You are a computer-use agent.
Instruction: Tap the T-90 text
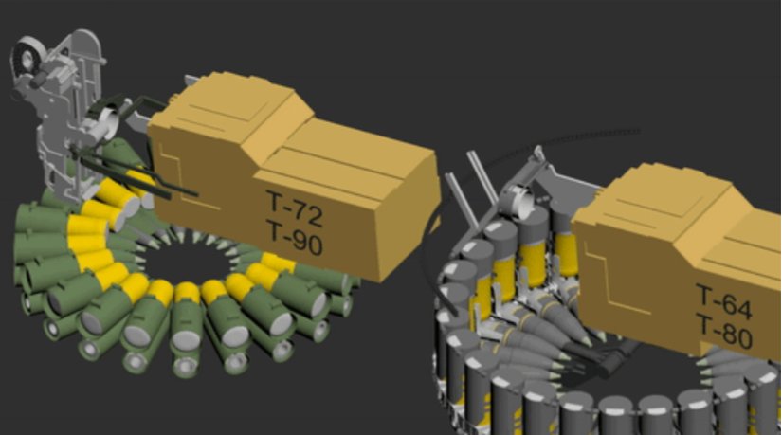[x=295, y=245]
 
